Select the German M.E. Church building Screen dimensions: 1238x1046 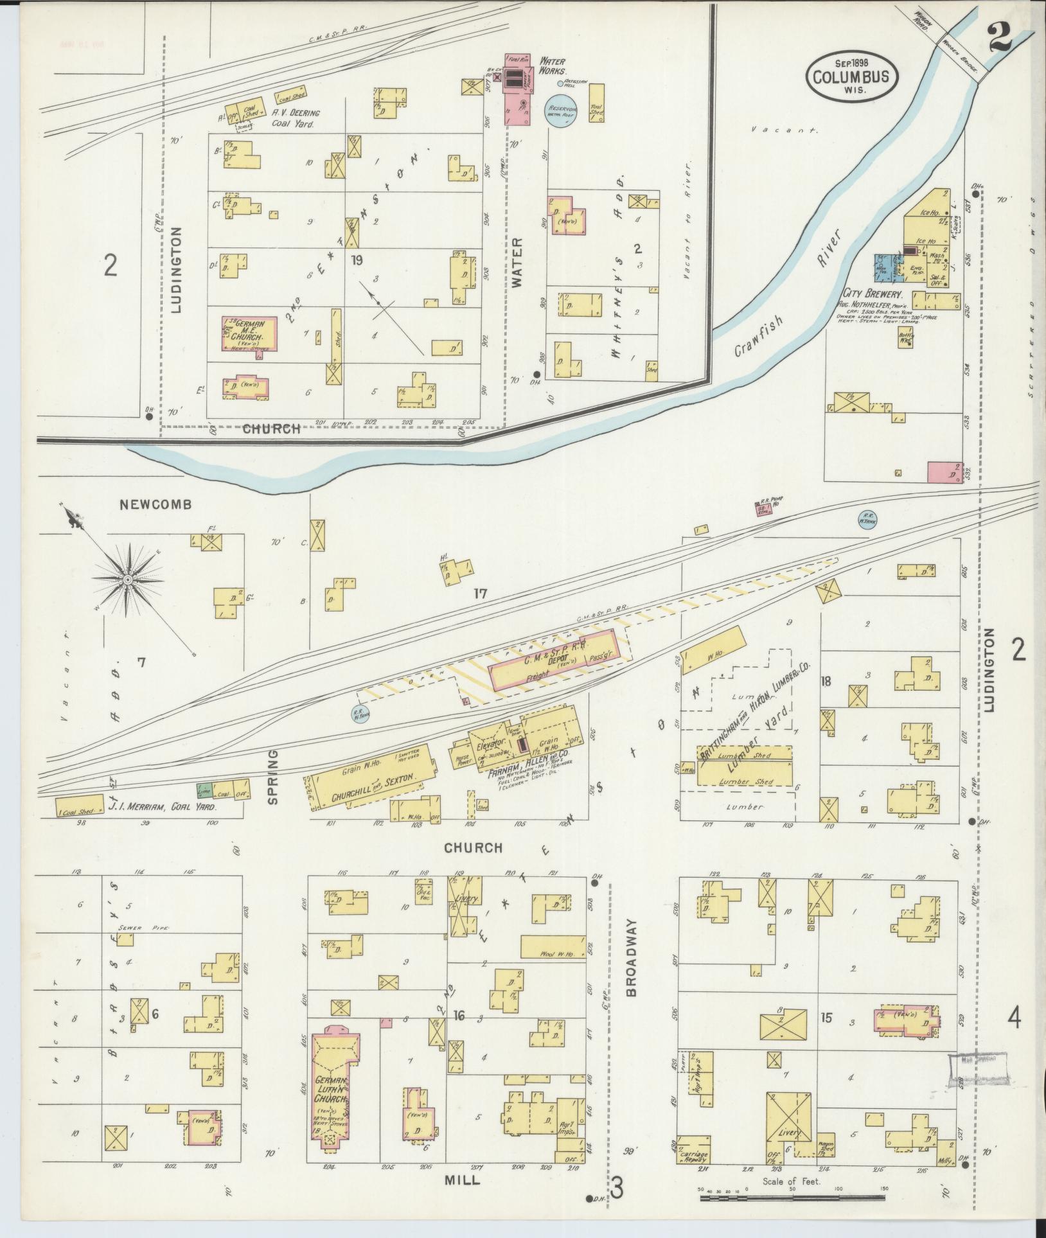tap(250, 333)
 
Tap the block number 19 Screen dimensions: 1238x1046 tap(357, 261)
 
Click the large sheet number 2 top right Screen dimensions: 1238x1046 tap(1002, 39)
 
